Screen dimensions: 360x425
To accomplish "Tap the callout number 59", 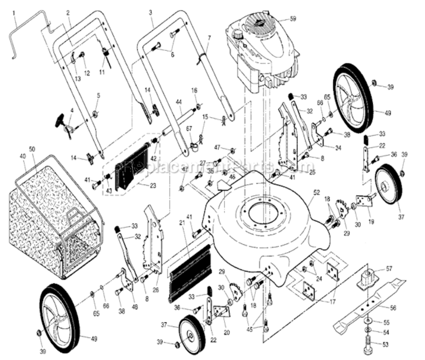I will [x=293, y=19].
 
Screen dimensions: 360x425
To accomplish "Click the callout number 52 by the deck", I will [x=316, y=192].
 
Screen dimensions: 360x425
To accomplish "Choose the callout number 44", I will [x=179, y=102].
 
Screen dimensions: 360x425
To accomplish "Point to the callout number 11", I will [x=102, y=72].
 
